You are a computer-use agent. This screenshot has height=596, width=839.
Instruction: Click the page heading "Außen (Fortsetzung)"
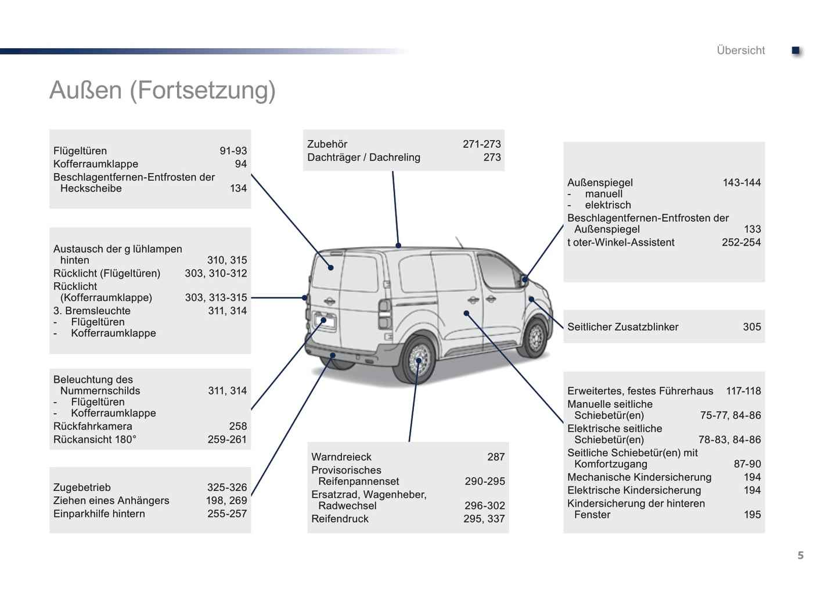pos(163,91)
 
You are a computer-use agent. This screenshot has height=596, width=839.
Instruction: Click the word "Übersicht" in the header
pos(740,51)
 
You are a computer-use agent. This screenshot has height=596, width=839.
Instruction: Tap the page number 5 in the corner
pos(800,555)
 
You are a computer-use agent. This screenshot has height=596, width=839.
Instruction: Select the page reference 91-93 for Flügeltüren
pos(233,151)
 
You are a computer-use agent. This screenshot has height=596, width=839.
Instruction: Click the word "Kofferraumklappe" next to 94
pos(96,164)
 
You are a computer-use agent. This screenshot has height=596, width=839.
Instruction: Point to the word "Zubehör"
pos(327,144)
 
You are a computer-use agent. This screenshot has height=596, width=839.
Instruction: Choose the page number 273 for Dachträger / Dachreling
pos(492,157)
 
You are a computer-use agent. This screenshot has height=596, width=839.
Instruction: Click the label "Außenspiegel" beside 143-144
pos(600,182)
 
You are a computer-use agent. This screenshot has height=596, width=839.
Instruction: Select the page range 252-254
pos(741,242)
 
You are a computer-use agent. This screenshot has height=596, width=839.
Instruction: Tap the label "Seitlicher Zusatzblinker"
pos(622,327)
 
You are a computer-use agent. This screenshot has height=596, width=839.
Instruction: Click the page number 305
pos(751,327)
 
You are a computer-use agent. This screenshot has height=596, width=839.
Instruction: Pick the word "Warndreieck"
pos(341,457)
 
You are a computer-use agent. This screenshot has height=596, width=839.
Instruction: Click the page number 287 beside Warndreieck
pos(496,457)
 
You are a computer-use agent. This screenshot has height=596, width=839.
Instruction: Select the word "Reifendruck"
pos(340,519)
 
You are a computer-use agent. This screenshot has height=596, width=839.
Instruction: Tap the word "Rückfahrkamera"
pos(92,426)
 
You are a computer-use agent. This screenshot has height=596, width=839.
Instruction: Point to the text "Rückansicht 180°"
pos(95,440)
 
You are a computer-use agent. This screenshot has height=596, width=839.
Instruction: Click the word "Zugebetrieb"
pos(82,487)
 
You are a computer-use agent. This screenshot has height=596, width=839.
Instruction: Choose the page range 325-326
pos(227,487)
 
